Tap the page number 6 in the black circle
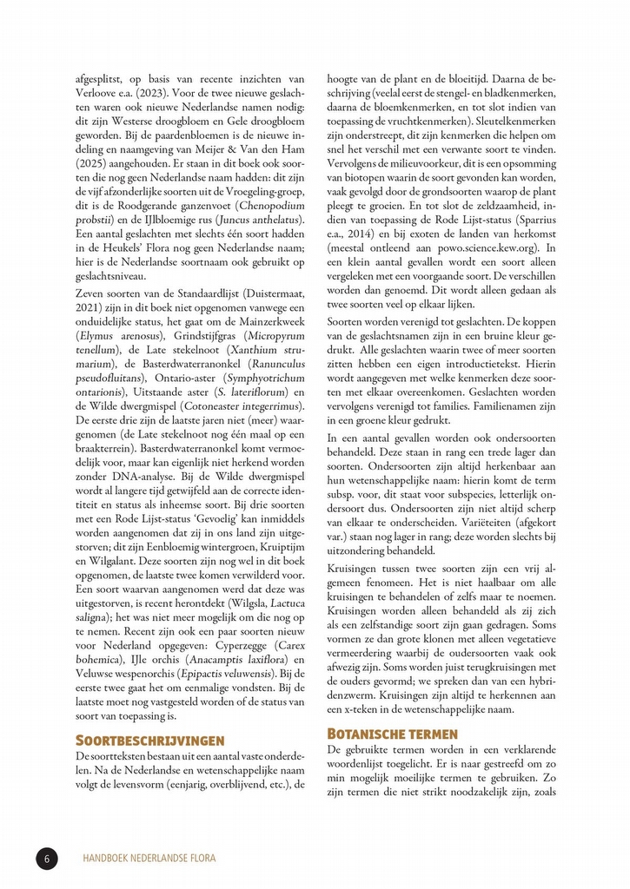(x=47, y=859)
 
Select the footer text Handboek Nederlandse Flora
(x=149, y=859)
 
